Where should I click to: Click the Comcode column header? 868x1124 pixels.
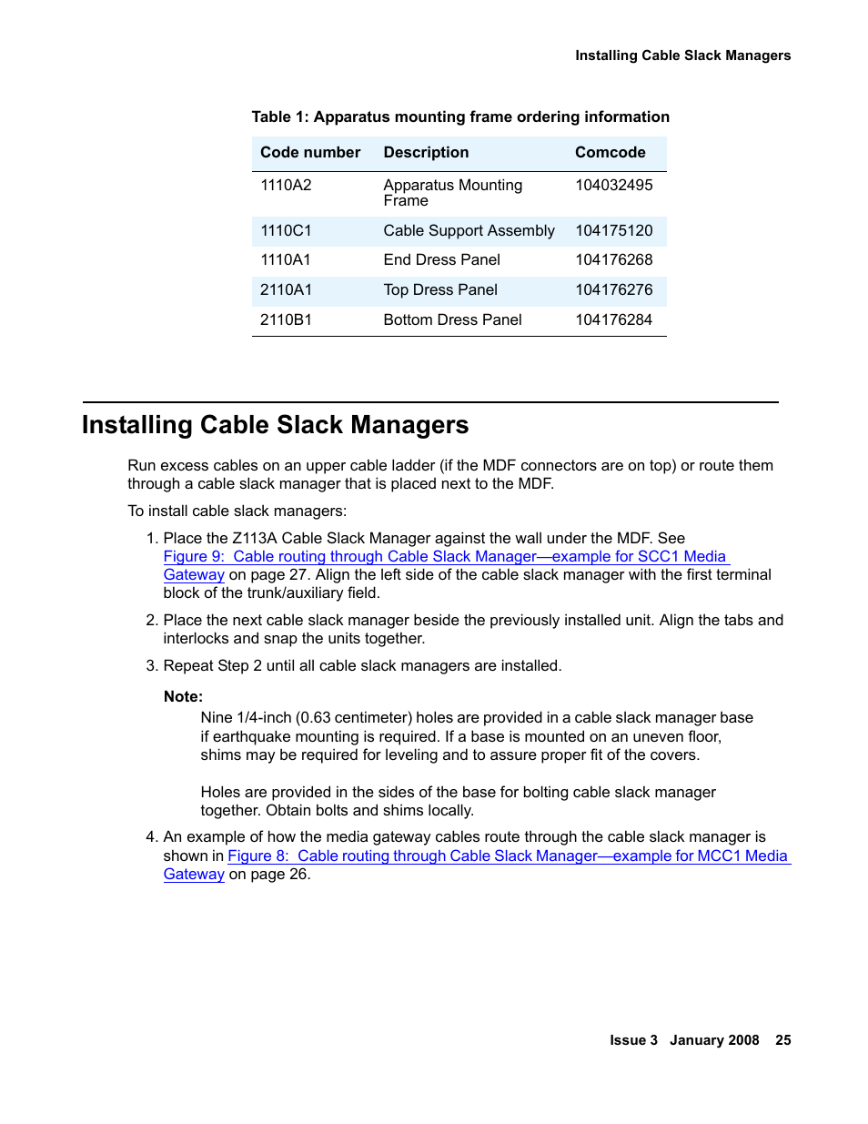point(610,152)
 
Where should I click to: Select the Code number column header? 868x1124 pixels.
point(310,152)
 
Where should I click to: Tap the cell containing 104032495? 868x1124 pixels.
point(613,185)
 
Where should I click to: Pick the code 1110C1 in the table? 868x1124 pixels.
point(286,230)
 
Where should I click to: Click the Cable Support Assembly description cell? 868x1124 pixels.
point(469,230)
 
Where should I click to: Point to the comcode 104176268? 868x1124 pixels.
point(613,259)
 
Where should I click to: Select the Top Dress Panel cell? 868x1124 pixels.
point(440,289)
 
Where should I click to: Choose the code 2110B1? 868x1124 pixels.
point(286,319)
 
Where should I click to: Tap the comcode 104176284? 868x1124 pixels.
point(613,319)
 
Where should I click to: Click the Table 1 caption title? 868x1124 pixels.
point(460,116)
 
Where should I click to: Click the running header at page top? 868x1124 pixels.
point(682,56)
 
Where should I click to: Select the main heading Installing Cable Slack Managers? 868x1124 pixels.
point(275,425)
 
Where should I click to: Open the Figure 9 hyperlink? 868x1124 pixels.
point(445,556)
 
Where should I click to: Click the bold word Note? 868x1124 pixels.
point(183,696)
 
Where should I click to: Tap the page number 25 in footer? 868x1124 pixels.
point(782,1039)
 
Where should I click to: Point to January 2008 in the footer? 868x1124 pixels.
point(714,1039)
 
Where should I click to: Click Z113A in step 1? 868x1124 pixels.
point(254,538)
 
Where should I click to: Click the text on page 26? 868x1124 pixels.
point(269,874)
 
